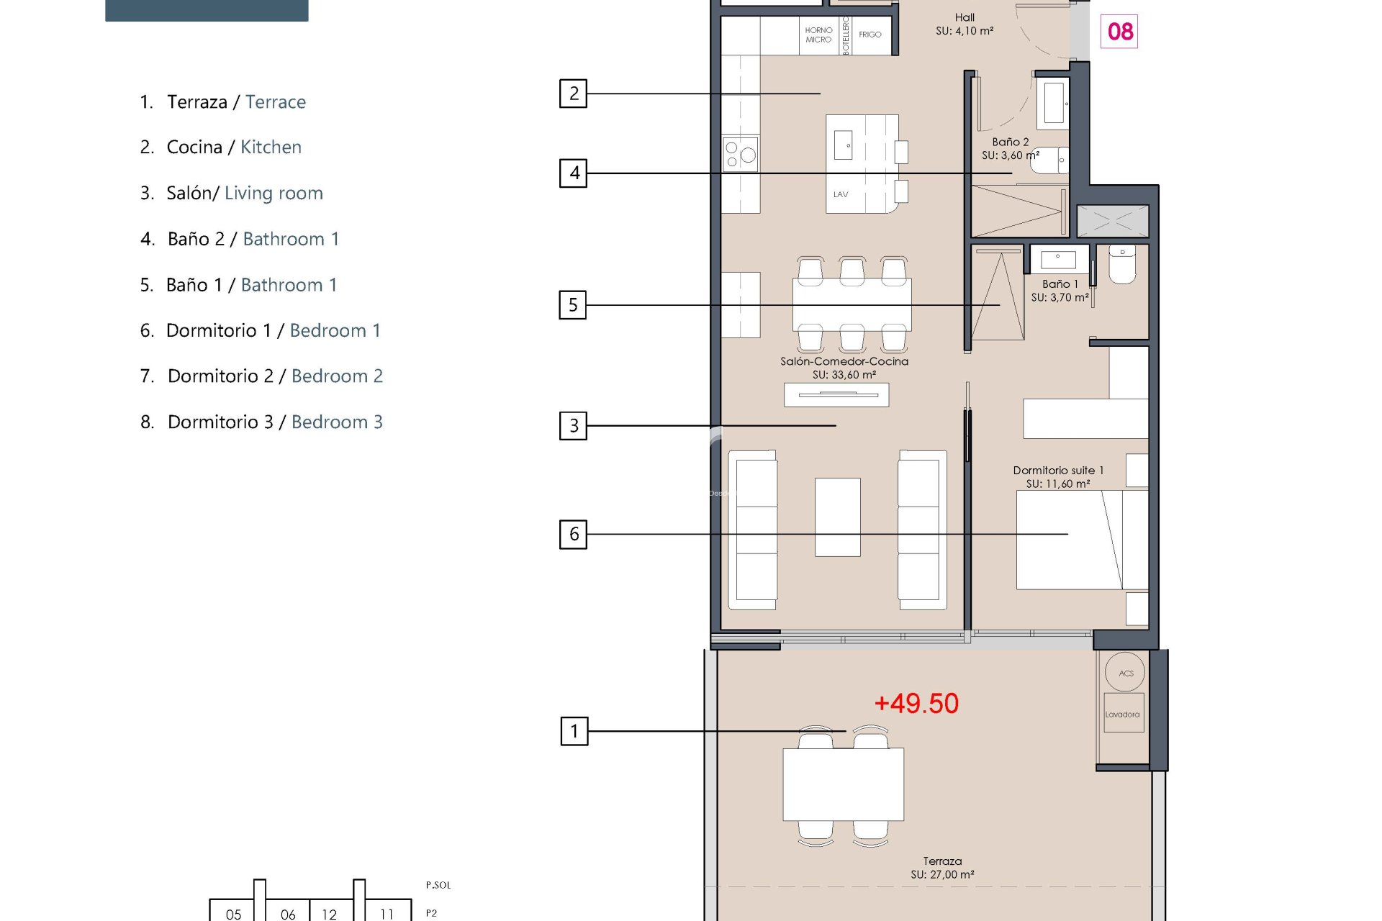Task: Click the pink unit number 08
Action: point(1119,32)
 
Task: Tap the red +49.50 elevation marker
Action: point(916,703)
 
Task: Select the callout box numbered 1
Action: point(574,731)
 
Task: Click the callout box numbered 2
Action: point(573,94)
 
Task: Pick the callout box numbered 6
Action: point(573,534)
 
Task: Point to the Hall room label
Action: point(965,17)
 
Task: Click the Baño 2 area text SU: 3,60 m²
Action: point(1011,155)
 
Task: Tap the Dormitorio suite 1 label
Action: point(1058,470)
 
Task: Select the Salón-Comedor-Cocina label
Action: point(844,361)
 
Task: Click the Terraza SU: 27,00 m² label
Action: point(942,868)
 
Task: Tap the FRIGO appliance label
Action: point(870,35)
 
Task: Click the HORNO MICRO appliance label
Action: point(818,35)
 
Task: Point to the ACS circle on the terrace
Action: point(1126,673)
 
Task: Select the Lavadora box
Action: point(1123,713)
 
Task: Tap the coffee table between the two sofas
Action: point(837,517)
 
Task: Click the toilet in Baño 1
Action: point(1122,264)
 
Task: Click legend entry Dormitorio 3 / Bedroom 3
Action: point(261,422)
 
